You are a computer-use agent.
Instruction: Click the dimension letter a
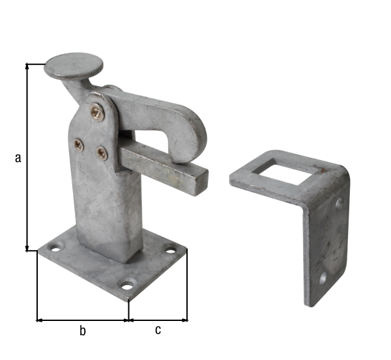click(18, 158)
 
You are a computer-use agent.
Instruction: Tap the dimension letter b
click(82, 331)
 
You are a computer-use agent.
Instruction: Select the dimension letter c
click(158, 330)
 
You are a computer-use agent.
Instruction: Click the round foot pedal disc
click(74, 66)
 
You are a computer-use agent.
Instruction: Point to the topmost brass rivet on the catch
click(96, 113)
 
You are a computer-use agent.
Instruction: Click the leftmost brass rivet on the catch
click(78, 145)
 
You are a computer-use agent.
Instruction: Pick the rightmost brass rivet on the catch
click(102, 153)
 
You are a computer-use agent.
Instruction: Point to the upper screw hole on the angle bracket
click(339, 204)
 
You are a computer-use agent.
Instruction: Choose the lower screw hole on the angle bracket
click(323, 278)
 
